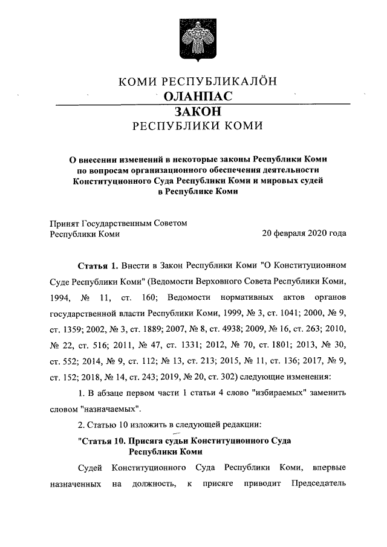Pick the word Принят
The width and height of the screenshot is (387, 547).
point(62,223)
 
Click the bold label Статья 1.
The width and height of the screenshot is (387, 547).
point(97,266)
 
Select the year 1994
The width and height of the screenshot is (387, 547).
point(60,299)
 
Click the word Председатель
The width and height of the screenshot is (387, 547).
point(318,484)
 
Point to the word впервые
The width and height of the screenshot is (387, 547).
point(328,468)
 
